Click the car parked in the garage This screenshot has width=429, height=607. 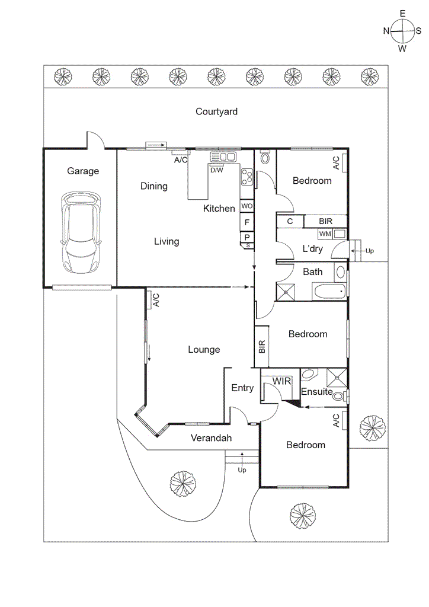pos(81,232)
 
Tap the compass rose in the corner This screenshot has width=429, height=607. pos(402,30)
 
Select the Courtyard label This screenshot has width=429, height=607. pos(216,111)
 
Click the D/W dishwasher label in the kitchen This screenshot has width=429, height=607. pos(217,170)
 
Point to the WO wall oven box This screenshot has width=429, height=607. pos(247,206)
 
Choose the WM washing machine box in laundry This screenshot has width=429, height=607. pos(325,233)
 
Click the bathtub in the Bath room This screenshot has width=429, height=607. pos(329,292)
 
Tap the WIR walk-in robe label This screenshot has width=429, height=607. pos(281,381)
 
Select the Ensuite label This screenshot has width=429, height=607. pos(316,392)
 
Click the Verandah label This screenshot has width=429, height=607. pos(211,439)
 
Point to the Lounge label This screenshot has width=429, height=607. pos(204,350)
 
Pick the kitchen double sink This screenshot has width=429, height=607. pos(223,157)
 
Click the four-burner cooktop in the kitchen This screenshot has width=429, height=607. pos(246,176)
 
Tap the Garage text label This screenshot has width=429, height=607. pos(83,171)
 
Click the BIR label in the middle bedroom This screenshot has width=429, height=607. pos(261,347)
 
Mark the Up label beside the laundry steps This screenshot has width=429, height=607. pos(370,251)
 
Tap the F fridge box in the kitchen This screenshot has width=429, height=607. pos(247,223)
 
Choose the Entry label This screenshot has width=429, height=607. pos(242,388)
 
